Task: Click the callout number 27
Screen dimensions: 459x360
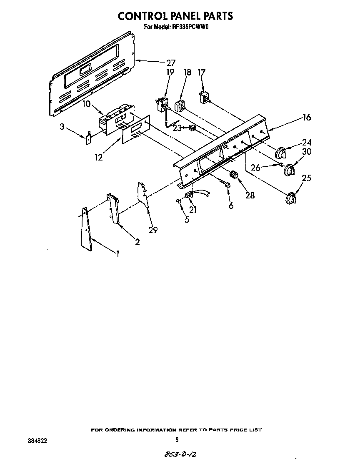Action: [170, 63]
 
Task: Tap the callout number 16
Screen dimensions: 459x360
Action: [306, 118]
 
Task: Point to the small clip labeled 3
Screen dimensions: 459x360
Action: [89, 138]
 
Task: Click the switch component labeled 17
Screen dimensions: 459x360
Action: [204, 98]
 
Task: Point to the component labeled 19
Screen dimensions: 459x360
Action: [162, 103]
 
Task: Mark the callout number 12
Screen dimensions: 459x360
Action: [98, 158]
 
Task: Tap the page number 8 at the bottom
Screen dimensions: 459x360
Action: [177, 439]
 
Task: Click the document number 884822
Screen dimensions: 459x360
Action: [37, 439]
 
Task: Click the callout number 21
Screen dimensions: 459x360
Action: [193, 210]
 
